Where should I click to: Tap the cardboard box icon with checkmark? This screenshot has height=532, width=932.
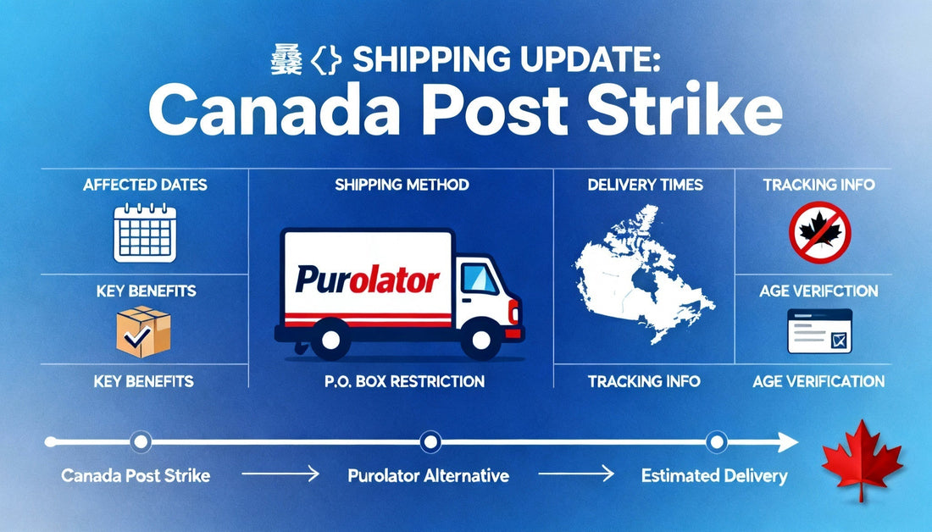(x=143, y=332)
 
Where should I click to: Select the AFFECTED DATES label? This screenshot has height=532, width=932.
(x=145, y=184)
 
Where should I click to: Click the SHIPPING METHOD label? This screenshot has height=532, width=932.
(x=401, y=184)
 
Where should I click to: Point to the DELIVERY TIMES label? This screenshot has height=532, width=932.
(x=645, y=184)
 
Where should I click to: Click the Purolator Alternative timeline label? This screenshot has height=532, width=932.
(x=429, y=476)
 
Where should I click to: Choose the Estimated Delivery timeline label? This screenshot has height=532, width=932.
(x=714, y=476)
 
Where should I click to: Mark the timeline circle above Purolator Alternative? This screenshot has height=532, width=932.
(x=430, y=441)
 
